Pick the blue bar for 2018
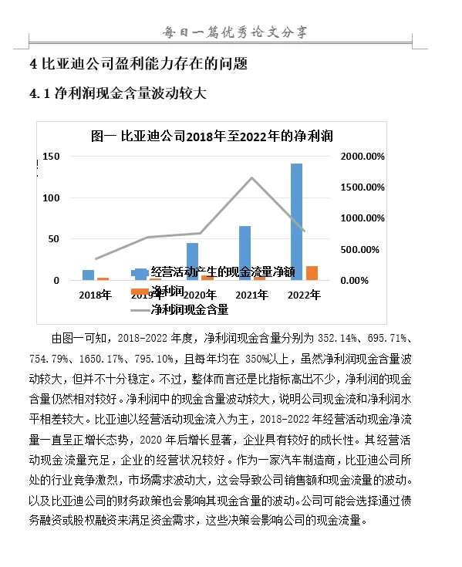[x=89, y=275]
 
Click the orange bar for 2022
[x=312, y=273]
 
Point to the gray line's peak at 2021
[x=251, y=178]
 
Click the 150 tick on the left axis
[x=51, y=157]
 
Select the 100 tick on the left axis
[x=51, y=198]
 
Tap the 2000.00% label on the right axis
[x=363, y=157]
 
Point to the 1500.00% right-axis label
[x=363, y=187]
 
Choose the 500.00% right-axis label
[x=363, y=250]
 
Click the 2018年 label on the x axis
[x=96, y=295]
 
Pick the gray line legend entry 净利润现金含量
[x=189, y=310]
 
